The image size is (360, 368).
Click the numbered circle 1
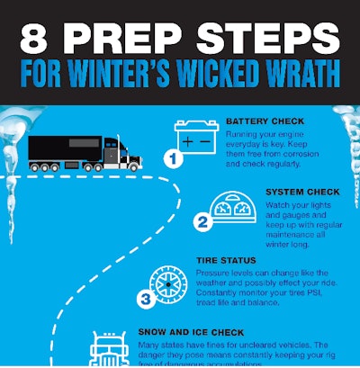pyautogui.click(x=173, y=159)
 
